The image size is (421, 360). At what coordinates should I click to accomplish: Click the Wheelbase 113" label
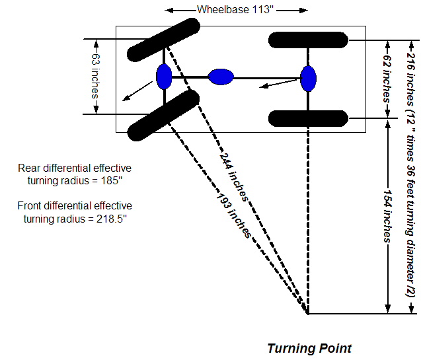click(x=236, y=10)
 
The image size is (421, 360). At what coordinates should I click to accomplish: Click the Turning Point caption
click(x=309, y=348)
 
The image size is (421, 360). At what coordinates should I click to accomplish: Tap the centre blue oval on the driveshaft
click(x=221, y=77)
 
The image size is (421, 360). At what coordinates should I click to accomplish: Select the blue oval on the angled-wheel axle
click(x=164, y=77)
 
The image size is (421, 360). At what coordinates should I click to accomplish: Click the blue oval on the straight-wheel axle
click(x=308, y=78)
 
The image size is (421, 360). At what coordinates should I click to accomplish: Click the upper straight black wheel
click(x=308, y=40)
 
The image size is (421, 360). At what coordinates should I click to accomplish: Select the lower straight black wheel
click(x=308, y=118)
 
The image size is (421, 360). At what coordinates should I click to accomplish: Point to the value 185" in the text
click(x=114, y=180)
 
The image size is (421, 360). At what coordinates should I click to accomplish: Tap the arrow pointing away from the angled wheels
click(x=135, y=92)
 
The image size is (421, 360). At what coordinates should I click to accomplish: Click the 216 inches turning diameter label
click(x=410, y=175)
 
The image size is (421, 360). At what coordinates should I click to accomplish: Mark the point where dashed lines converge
click(x=308, y=313)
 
